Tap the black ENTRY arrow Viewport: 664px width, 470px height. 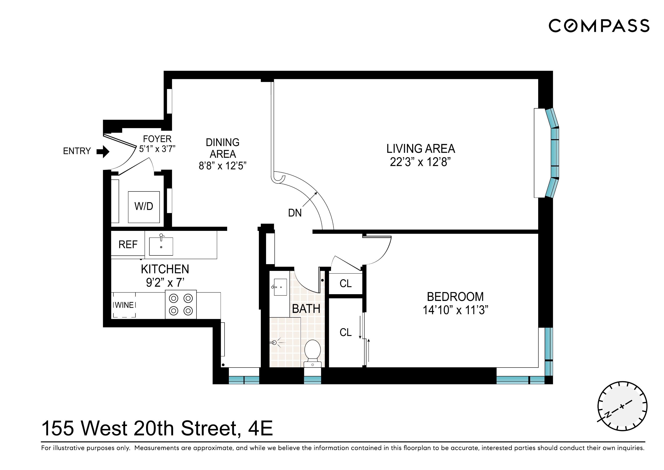click(x=103, y=151)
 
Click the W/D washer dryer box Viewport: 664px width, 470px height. click(x=144, y=207)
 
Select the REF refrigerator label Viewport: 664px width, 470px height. click(x=128, y=245)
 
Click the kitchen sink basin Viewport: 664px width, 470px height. click(x=161, y=247)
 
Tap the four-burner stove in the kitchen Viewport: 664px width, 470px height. click(x=181, y=305)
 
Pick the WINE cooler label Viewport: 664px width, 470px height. click(x=124, y=305)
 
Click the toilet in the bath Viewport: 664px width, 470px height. click(x=313, y=352)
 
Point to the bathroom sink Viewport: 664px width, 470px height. click(x=280, y=287)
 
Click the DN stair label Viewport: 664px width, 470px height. click(x=295, y=213)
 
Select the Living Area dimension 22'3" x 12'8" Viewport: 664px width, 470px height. click(x=420, y=162)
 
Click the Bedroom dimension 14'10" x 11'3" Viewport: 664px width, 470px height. click(x=455, y=310)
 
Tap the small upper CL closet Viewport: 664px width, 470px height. click(x=346, y=284)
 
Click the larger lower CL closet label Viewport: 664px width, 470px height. click(x=346, y=332)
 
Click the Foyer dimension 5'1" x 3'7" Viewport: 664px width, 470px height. click(x=157, y=149)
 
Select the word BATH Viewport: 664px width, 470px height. click(x=306, y=309)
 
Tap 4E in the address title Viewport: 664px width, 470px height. click(x=260, y=429)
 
